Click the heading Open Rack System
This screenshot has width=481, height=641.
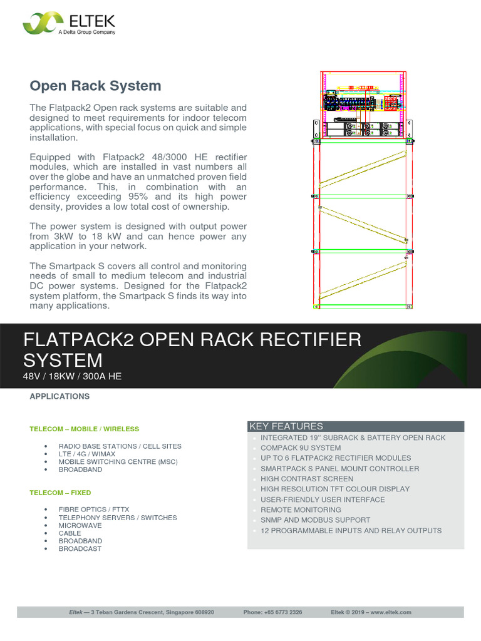(96, 86)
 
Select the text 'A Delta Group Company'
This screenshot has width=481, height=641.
(86, 32)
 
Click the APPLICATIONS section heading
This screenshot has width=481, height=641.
(59, 396)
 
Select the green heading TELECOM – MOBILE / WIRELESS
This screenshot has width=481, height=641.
(85, 429)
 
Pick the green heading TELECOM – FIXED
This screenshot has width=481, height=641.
(60, 493)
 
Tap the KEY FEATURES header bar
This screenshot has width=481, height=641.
(356, 426)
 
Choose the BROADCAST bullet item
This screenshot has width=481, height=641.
(80, 548)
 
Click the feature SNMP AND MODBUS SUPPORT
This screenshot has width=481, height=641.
(315, 520)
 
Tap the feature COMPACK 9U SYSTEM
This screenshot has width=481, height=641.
(301, 448)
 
